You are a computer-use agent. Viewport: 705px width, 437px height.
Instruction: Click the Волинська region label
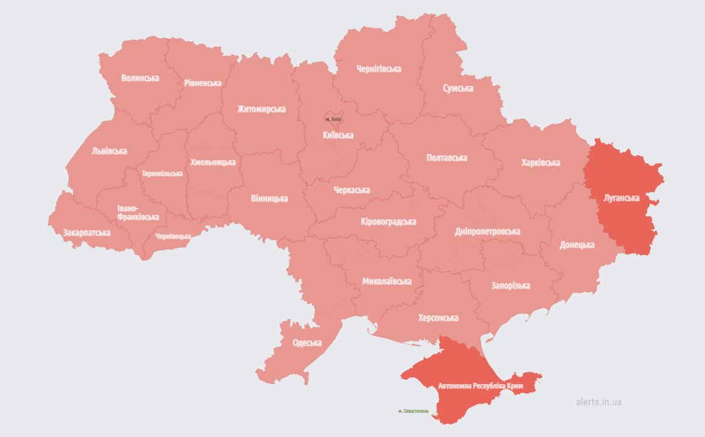click(x=140, y=78)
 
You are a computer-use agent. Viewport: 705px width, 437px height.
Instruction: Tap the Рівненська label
click(x=203, y=83)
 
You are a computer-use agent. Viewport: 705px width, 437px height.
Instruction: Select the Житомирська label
click(x=262, y=110)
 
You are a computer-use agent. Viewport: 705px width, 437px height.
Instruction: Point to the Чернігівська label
click(x=378, y=69)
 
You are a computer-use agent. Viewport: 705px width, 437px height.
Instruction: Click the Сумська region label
click(x=457, y=88)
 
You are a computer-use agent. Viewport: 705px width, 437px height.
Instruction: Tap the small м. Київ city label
click(x=333, y=119)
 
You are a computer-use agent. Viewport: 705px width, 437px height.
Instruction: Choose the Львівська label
click(x=109, y=151)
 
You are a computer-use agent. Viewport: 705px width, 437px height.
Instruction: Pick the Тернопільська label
click(x=162, y=173)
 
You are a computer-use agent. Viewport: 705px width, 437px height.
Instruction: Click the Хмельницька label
click(x=213, y=163)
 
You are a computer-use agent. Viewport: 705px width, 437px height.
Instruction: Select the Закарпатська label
click(x=87, y=232)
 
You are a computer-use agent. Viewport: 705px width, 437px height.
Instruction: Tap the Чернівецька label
click(x=173, y=236)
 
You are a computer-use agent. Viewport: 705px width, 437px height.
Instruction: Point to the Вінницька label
click(x=269, y=198)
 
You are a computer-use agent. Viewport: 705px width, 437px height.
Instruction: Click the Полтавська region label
click(x=447, y=158)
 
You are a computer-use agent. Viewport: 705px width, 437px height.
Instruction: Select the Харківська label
click(x=541, y=163)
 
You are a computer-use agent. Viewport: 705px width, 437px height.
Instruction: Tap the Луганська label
click(x=622, y=198)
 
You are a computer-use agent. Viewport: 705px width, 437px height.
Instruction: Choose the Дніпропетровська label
click(x=487, y=232)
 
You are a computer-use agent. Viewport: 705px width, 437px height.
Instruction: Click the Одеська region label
click(x=307, y=343)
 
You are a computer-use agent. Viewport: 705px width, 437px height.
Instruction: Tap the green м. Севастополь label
click(x=414, y=411)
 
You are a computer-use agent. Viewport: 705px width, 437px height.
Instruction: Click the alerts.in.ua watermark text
click(x=599, y=402)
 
